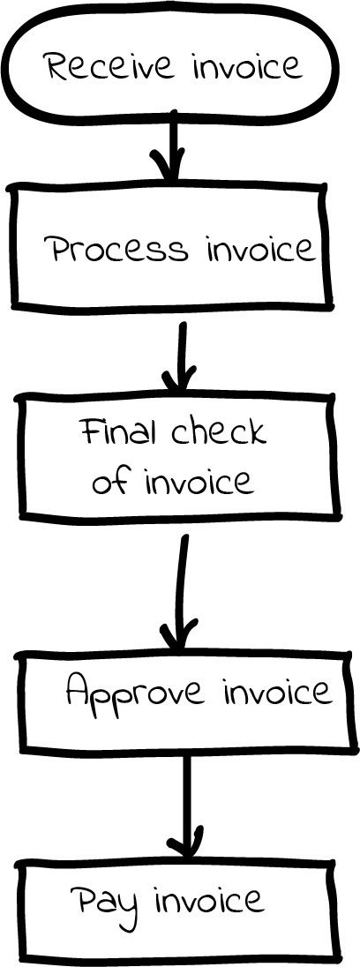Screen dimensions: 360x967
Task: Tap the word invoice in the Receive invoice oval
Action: click(248, 65)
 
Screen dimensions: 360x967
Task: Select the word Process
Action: click(116, 250)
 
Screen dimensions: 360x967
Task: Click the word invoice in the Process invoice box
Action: click(260, 249)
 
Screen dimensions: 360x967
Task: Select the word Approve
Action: click(135, 692)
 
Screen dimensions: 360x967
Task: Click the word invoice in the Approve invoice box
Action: click(277, 692)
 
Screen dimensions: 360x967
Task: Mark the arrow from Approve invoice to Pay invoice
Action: click(185, 807)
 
